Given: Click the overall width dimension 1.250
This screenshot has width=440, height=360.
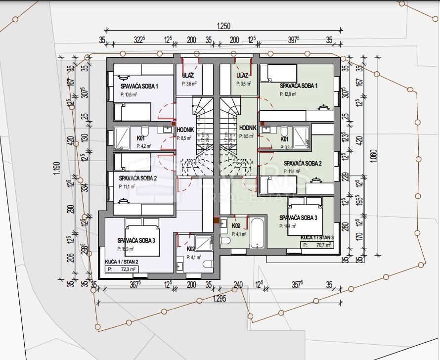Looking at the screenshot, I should click(x=224, y=26).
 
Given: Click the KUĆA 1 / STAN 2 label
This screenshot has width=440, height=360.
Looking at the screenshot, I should click(x=122, y=262).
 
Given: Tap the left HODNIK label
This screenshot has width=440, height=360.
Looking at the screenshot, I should click(x=185, y=130).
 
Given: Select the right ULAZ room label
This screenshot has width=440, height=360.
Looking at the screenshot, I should click(x=242, y=75).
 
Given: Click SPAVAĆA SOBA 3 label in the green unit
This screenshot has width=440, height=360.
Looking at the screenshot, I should click(x=298, y=218).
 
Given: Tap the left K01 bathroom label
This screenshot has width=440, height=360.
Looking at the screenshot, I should click(x=141, y=138).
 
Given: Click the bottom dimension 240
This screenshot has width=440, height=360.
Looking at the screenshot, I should click(x=238, y=284).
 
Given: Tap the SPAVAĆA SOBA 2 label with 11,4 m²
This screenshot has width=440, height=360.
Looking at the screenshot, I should click(x=303, y=163).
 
